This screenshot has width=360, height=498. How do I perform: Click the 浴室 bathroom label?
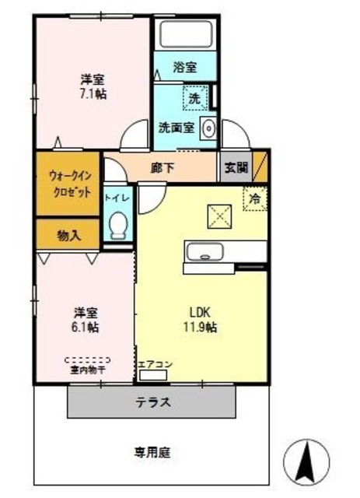[x=185, y=67]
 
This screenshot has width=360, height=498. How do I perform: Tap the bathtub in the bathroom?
[x=185, y=33]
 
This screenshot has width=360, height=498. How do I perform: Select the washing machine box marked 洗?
[x=194, y=98]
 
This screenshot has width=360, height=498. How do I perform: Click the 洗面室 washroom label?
[x=176, y=127]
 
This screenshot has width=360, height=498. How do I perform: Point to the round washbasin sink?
[x=208, y=128]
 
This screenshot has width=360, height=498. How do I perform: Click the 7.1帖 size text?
[x=92, y=93]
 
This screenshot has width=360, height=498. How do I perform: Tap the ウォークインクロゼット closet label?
[x=68, y=184]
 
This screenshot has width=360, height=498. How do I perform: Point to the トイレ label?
[x=118, y=198]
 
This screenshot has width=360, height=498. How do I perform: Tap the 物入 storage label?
[x=68, y=233]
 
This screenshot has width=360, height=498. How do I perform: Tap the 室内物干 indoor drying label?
[x=87, y=370]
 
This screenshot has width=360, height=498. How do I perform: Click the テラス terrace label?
[x=153, y=403]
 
